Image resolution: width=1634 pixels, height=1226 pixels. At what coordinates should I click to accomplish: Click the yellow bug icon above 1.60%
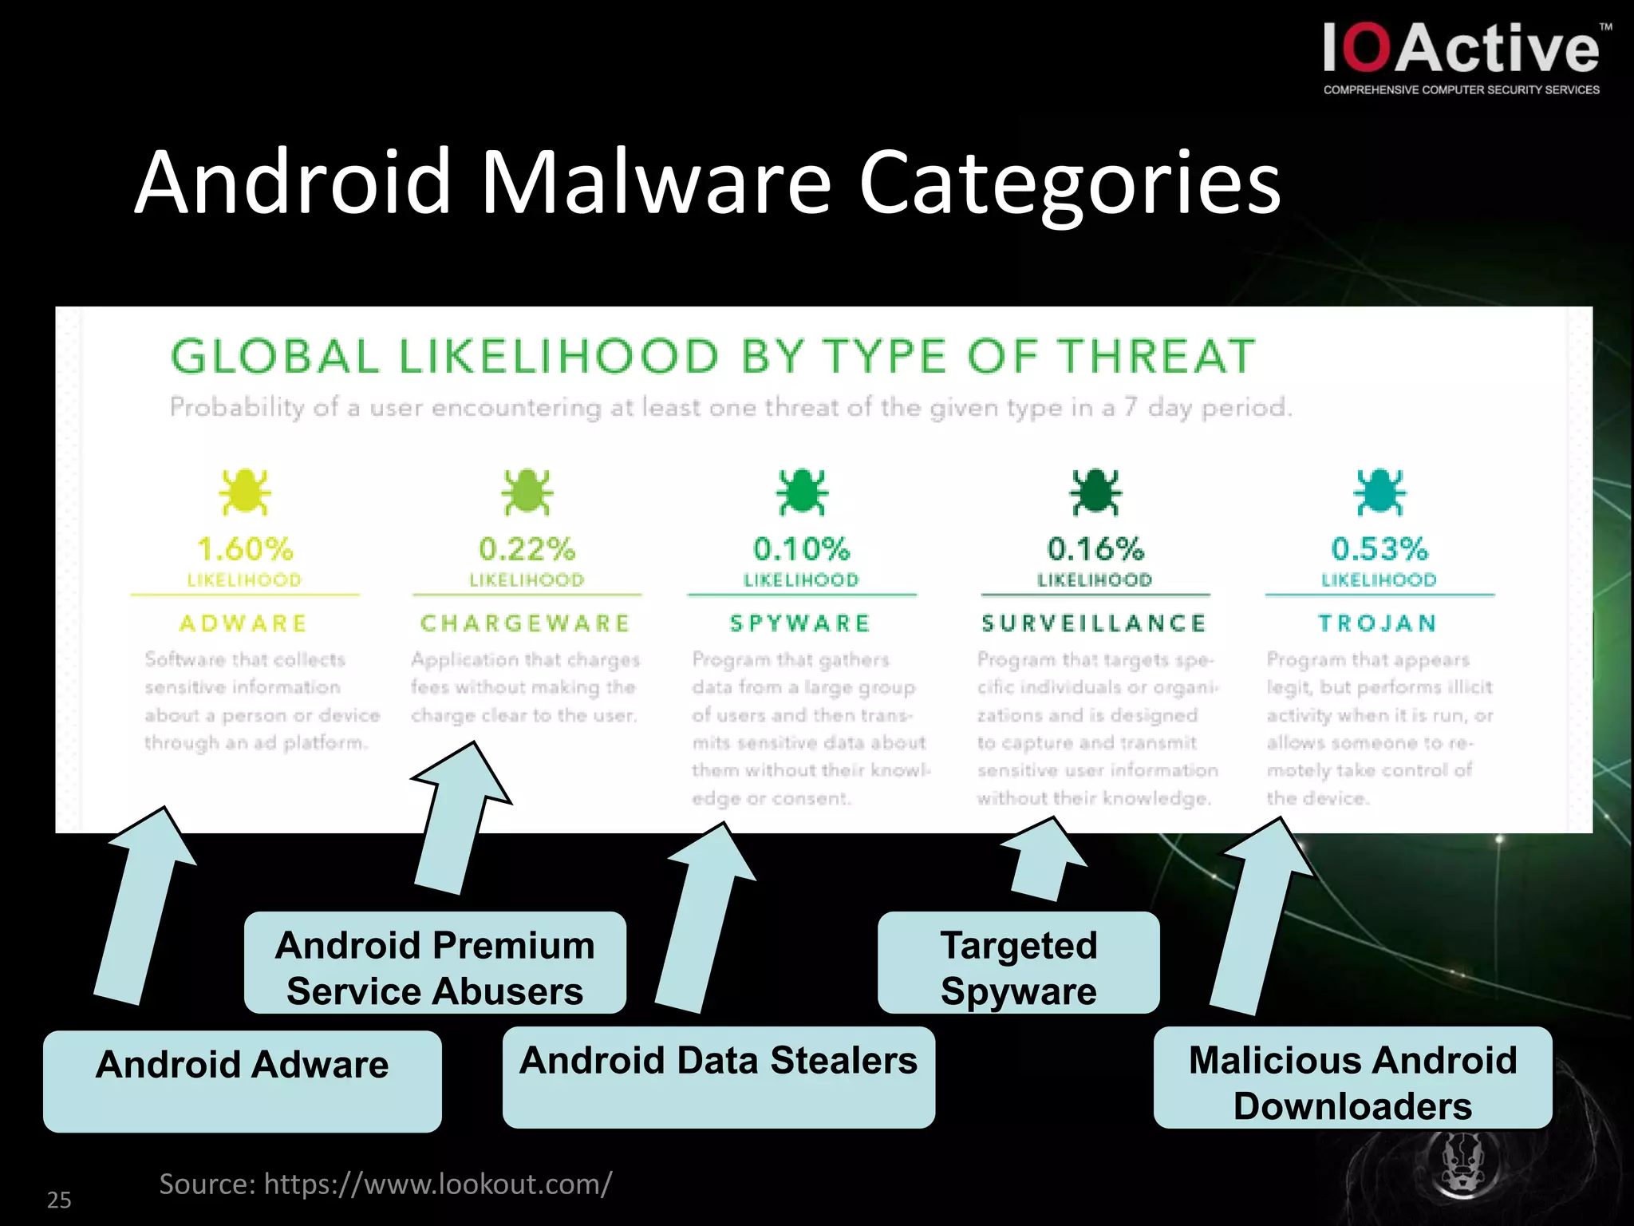pos(245,491)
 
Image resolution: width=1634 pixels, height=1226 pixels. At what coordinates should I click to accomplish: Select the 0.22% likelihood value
pos(527,549)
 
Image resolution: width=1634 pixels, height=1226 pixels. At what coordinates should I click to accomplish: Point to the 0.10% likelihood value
pos(801,549)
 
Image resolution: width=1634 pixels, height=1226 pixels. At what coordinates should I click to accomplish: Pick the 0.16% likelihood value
pos(1095,549)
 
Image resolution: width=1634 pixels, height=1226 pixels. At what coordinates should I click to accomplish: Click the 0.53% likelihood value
pos(1379,549)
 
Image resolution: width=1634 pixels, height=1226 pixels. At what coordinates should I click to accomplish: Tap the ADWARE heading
pos(244,623)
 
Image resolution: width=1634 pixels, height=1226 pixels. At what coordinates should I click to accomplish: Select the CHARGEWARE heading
pos(526,623)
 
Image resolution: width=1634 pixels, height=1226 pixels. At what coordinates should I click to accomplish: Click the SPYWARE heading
pos(800,623)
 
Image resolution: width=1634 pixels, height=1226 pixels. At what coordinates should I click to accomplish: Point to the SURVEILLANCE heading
pos(1094,623)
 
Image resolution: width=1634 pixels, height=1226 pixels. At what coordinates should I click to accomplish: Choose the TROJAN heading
pos(1378,623)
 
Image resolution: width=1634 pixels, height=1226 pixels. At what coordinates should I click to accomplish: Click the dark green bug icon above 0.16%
pos(1095,491)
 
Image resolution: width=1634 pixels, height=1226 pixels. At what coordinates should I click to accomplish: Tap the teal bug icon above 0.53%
pos(1379,491)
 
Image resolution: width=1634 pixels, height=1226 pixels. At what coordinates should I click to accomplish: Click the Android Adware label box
pos(243,1080)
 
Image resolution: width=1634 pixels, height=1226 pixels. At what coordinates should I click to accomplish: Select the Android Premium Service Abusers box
pos(435,963)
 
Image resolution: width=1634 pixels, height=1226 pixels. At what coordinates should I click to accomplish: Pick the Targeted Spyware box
pos(1018,963)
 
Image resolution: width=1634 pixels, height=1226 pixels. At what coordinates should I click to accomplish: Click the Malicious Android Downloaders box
pos(1352,1078)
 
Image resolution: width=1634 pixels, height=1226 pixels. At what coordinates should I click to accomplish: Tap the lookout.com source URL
pos(437,1184)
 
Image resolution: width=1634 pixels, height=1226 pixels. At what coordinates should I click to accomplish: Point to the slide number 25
pos(59,1200)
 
